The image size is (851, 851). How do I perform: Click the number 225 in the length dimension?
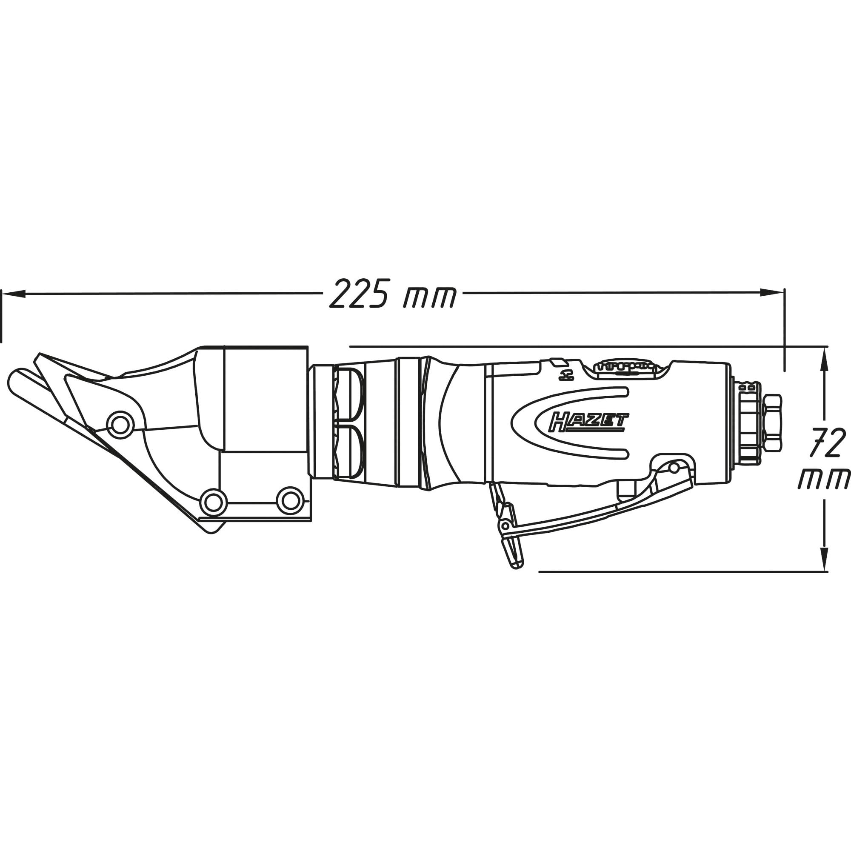pos(360,293)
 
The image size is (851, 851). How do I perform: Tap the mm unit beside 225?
pos(429,297)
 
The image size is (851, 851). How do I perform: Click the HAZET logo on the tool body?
pos(588,422)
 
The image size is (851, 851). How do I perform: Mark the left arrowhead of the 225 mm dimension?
pos(13,293)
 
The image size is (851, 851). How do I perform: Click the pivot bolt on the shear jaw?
pos(120,425)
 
